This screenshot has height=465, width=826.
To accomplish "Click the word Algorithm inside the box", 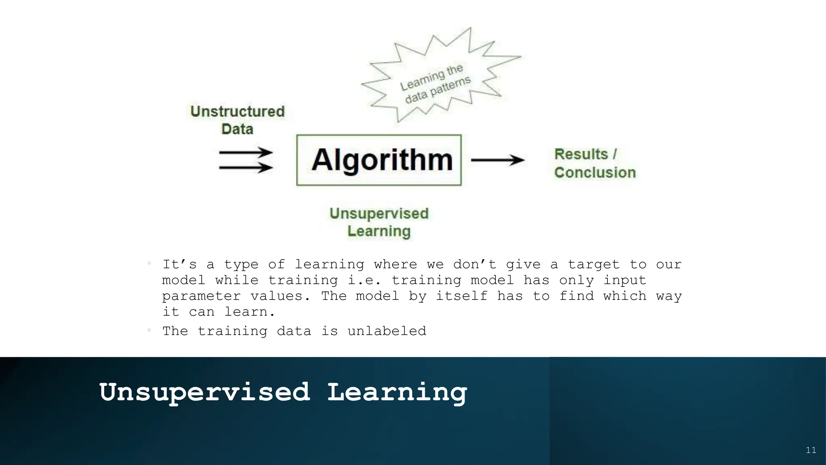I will [382, 160].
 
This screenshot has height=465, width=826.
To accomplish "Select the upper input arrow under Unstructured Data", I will [246, 153].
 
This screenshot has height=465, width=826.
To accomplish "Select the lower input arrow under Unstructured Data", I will [246, 167].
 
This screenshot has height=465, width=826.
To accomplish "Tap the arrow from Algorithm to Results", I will [498, 160].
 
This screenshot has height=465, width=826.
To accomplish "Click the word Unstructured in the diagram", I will [237, 111].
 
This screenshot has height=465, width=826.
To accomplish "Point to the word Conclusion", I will [595, 173].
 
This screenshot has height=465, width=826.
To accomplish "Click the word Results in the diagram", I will [581, 154].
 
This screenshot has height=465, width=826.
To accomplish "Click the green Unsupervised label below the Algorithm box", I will [379, 214].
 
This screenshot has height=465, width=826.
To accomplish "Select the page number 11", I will [811, 450].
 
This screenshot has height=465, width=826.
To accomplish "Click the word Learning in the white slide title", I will [397, 392].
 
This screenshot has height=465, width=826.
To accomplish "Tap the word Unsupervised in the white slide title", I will [205, 392].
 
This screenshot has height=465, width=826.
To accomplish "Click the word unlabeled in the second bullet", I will [387, 331].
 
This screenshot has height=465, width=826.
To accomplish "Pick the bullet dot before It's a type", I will [149, 264].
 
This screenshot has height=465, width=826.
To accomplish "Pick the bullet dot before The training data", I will [149, 331].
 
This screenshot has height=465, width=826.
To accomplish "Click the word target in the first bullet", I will [593, 264].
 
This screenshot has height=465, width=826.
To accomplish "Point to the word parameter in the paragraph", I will [201, 296].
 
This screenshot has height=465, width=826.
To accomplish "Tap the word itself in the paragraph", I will [461, 296].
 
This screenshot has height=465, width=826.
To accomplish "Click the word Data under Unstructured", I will [237, 129].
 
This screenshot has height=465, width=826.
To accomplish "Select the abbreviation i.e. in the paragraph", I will [364, 280].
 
